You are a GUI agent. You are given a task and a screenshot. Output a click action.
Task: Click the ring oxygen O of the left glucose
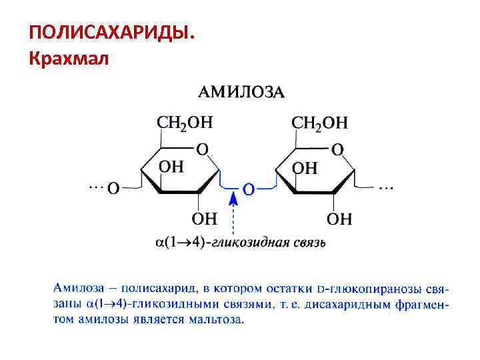point(203,149)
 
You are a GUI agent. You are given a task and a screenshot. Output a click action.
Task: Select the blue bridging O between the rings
point(248,189)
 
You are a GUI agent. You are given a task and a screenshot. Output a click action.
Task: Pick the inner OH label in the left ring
point(171,167)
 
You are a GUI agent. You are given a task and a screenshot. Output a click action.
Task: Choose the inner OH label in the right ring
point(305,167)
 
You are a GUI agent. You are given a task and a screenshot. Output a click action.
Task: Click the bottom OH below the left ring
point(205,218)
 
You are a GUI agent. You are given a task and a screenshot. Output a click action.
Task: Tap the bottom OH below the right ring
point(340,218)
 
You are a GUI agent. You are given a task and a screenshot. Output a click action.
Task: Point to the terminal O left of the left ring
point(114,189)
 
